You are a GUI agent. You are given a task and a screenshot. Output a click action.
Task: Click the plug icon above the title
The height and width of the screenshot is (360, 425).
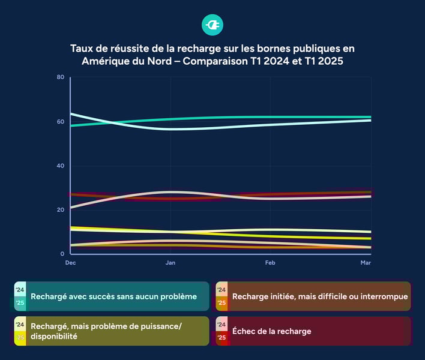pos(212,25)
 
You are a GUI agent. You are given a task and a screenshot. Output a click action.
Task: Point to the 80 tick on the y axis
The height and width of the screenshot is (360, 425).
pos(61,77)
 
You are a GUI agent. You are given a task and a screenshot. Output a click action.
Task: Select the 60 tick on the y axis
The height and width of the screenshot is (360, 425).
pos(61,122)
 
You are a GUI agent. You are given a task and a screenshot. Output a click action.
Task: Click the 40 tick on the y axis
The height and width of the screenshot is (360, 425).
pos(61,166)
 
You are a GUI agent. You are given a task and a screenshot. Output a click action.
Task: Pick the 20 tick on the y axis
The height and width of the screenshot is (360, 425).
pos(61,210)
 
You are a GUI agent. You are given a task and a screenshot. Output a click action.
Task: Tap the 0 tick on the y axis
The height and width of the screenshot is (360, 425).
pos(62,254)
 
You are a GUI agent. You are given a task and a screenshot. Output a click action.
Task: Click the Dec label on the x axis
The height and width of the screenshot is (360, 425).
pos(71,263)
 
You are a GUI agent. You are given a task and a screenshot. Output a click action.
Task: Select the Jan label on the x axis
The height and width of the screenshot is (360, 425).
pos(170,263)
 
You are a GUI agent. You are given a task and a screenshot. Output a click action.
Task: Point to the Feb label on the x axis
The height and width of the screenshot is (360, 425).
pos(271,263)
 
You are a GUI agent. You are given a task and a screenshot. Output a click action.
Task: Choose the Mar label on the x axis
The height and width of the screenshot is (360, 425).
pos(365,263)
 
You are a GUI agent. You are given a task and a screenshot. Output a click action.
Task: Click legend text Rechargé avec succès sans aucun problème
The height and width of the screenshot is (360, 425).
pos(113,296)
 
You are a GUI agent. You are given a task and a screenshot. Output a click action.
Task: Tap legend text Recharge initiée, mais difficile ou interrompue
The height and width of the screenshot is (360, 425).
pos(320,296)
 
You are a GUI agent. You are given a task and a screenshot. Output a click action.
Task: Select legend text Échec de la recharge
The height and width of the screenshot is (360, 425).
pos(271,331)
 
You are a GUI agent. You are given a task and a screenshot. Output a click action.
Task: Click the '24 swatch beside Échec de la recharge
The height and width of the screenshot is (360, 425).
pos(222,325)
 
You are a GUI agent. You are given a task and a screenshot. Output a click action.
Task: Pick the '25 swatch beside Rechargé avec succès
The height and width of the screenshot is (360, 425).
pos(20,303)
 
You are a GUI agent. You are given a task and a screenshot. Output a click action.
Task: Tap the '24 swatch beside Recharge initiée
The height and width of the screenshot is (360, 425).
pos(222,290)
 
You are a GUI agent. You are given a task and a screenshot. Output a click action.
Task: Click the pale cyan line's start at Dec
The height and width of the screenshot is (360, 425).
pos(71,113)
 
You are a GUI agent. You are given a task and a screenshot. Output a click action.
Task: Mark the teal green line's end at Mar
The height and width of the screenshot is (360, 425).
pos(370,117)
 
